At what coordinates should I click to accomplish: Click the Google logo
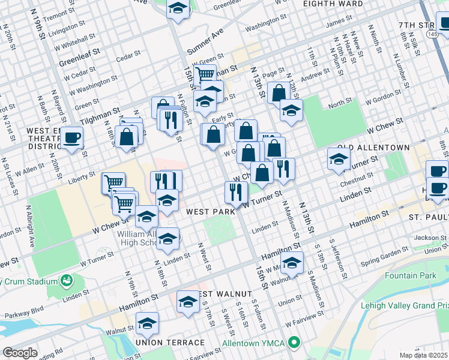(20, 353)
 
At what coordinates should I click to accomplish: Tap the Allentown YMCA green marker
(294, 344)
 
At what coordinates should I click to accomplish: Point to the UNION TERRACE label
(162, 342)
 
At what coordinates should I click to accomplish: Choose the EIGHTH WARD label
(333, 4)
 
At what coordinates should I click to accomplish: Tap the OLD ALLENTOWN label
(373, 148)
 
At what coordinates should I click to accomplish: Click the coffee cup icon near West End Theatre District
(71, 137)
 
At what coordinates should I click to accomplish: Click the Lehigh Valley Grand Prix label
(404, 305)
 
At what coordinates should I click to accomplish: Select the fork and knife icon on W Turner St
(236, 191)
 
